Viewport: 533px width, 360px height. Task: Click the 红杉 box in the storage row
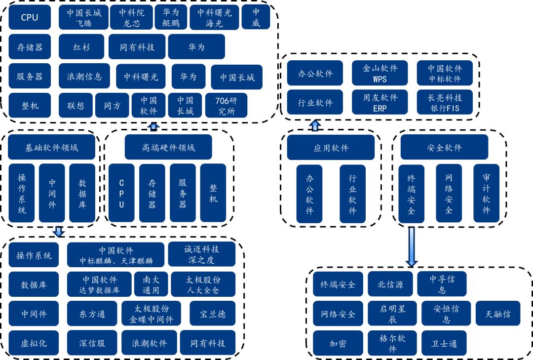[81, 47]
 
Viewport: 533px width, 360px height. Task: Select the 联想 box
[76, 106]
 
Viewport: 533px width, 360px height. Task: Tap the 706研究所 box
[226, 106]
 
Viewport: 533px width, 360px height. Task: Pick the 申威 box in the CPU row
[256, 18]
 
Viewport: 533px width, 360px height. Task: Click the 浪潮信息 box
[84, 77]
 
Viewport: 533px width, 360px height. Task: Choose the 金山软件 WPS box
[380, 74]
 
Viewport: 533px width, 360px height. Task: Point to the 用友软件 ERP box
[380, 103]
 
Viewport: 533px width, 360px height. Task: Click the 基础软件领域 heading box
[51, 147]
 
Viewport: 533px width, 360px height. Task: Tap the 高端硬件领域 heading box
[168, 147]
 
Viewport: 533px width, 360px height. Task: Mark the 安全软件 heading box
[444, 147]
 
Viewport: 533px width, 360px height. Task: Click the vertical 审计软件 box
[486, 193]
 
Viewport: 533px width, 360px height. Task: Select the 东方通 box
[92, 314]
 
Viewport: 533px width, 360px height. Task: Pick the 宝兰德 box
[212, 314]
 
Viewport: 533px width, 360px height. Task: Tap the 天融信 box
[498, 314]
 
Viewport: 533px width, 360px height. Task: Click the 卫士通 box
[444, 343]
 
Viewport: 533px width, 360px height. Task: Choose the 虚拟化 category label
[34, 343]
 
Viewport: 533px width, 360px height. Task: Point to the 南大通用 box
[151, 284]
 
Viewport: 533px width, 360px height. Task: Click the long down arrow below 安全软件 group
[411, 246]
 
